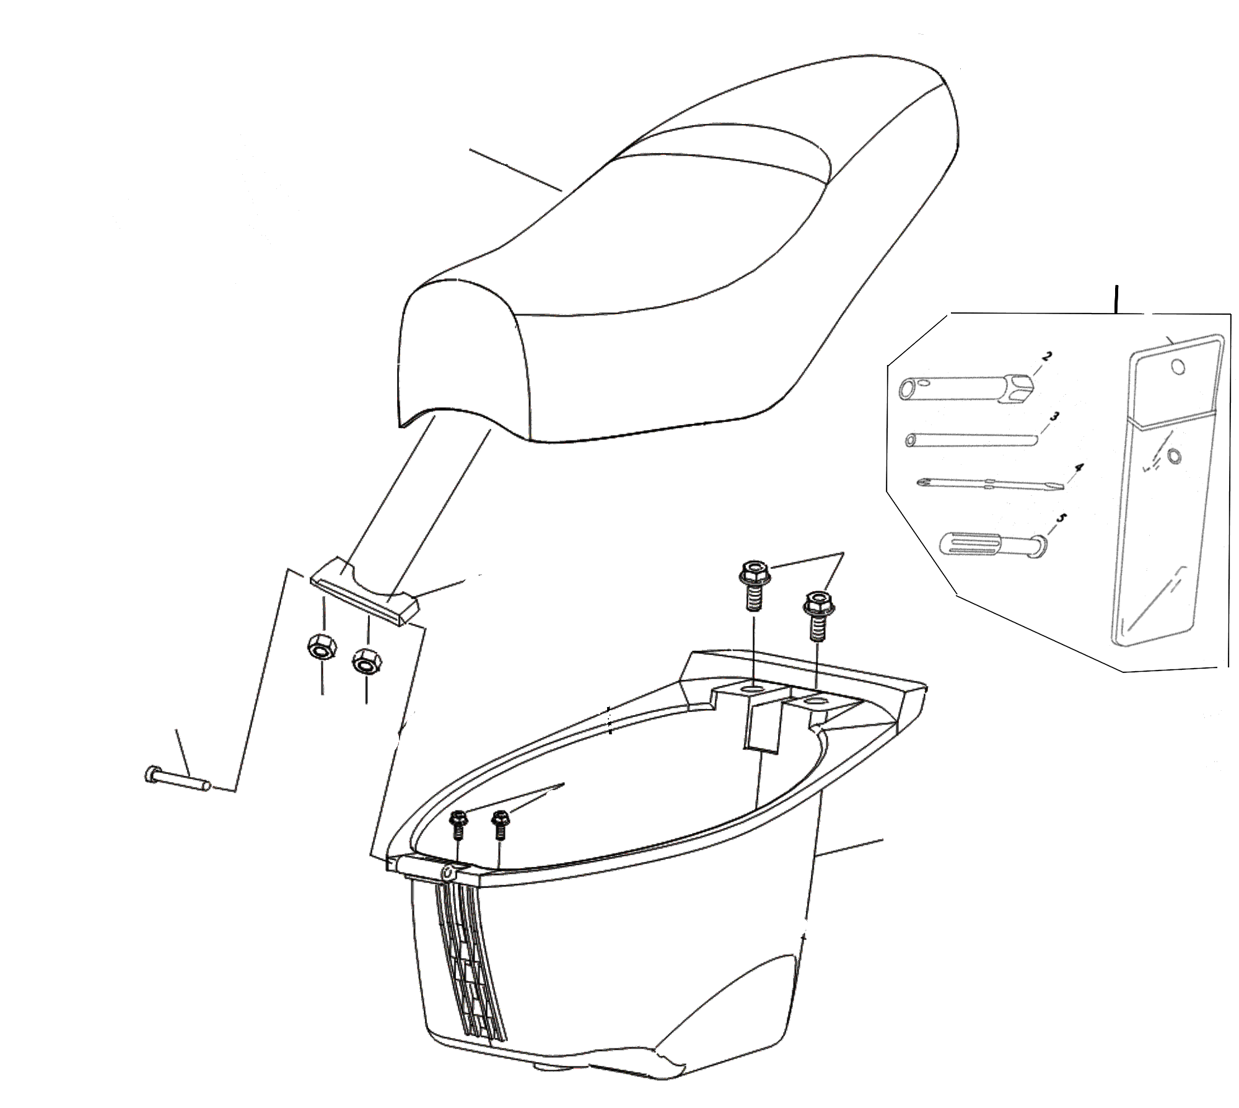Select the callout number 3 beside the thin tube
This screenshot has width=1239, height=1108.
[1054, 417]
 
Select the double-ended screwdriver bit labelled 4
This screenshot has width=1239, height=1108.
[991, 484]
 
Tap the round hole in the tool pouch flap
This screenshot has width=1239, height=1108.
[1179, 367]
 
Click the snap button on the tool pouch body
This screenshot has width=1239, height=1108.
[1173, 457]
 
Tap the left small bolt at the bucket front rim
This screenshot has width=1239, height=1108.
[458, 825]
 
